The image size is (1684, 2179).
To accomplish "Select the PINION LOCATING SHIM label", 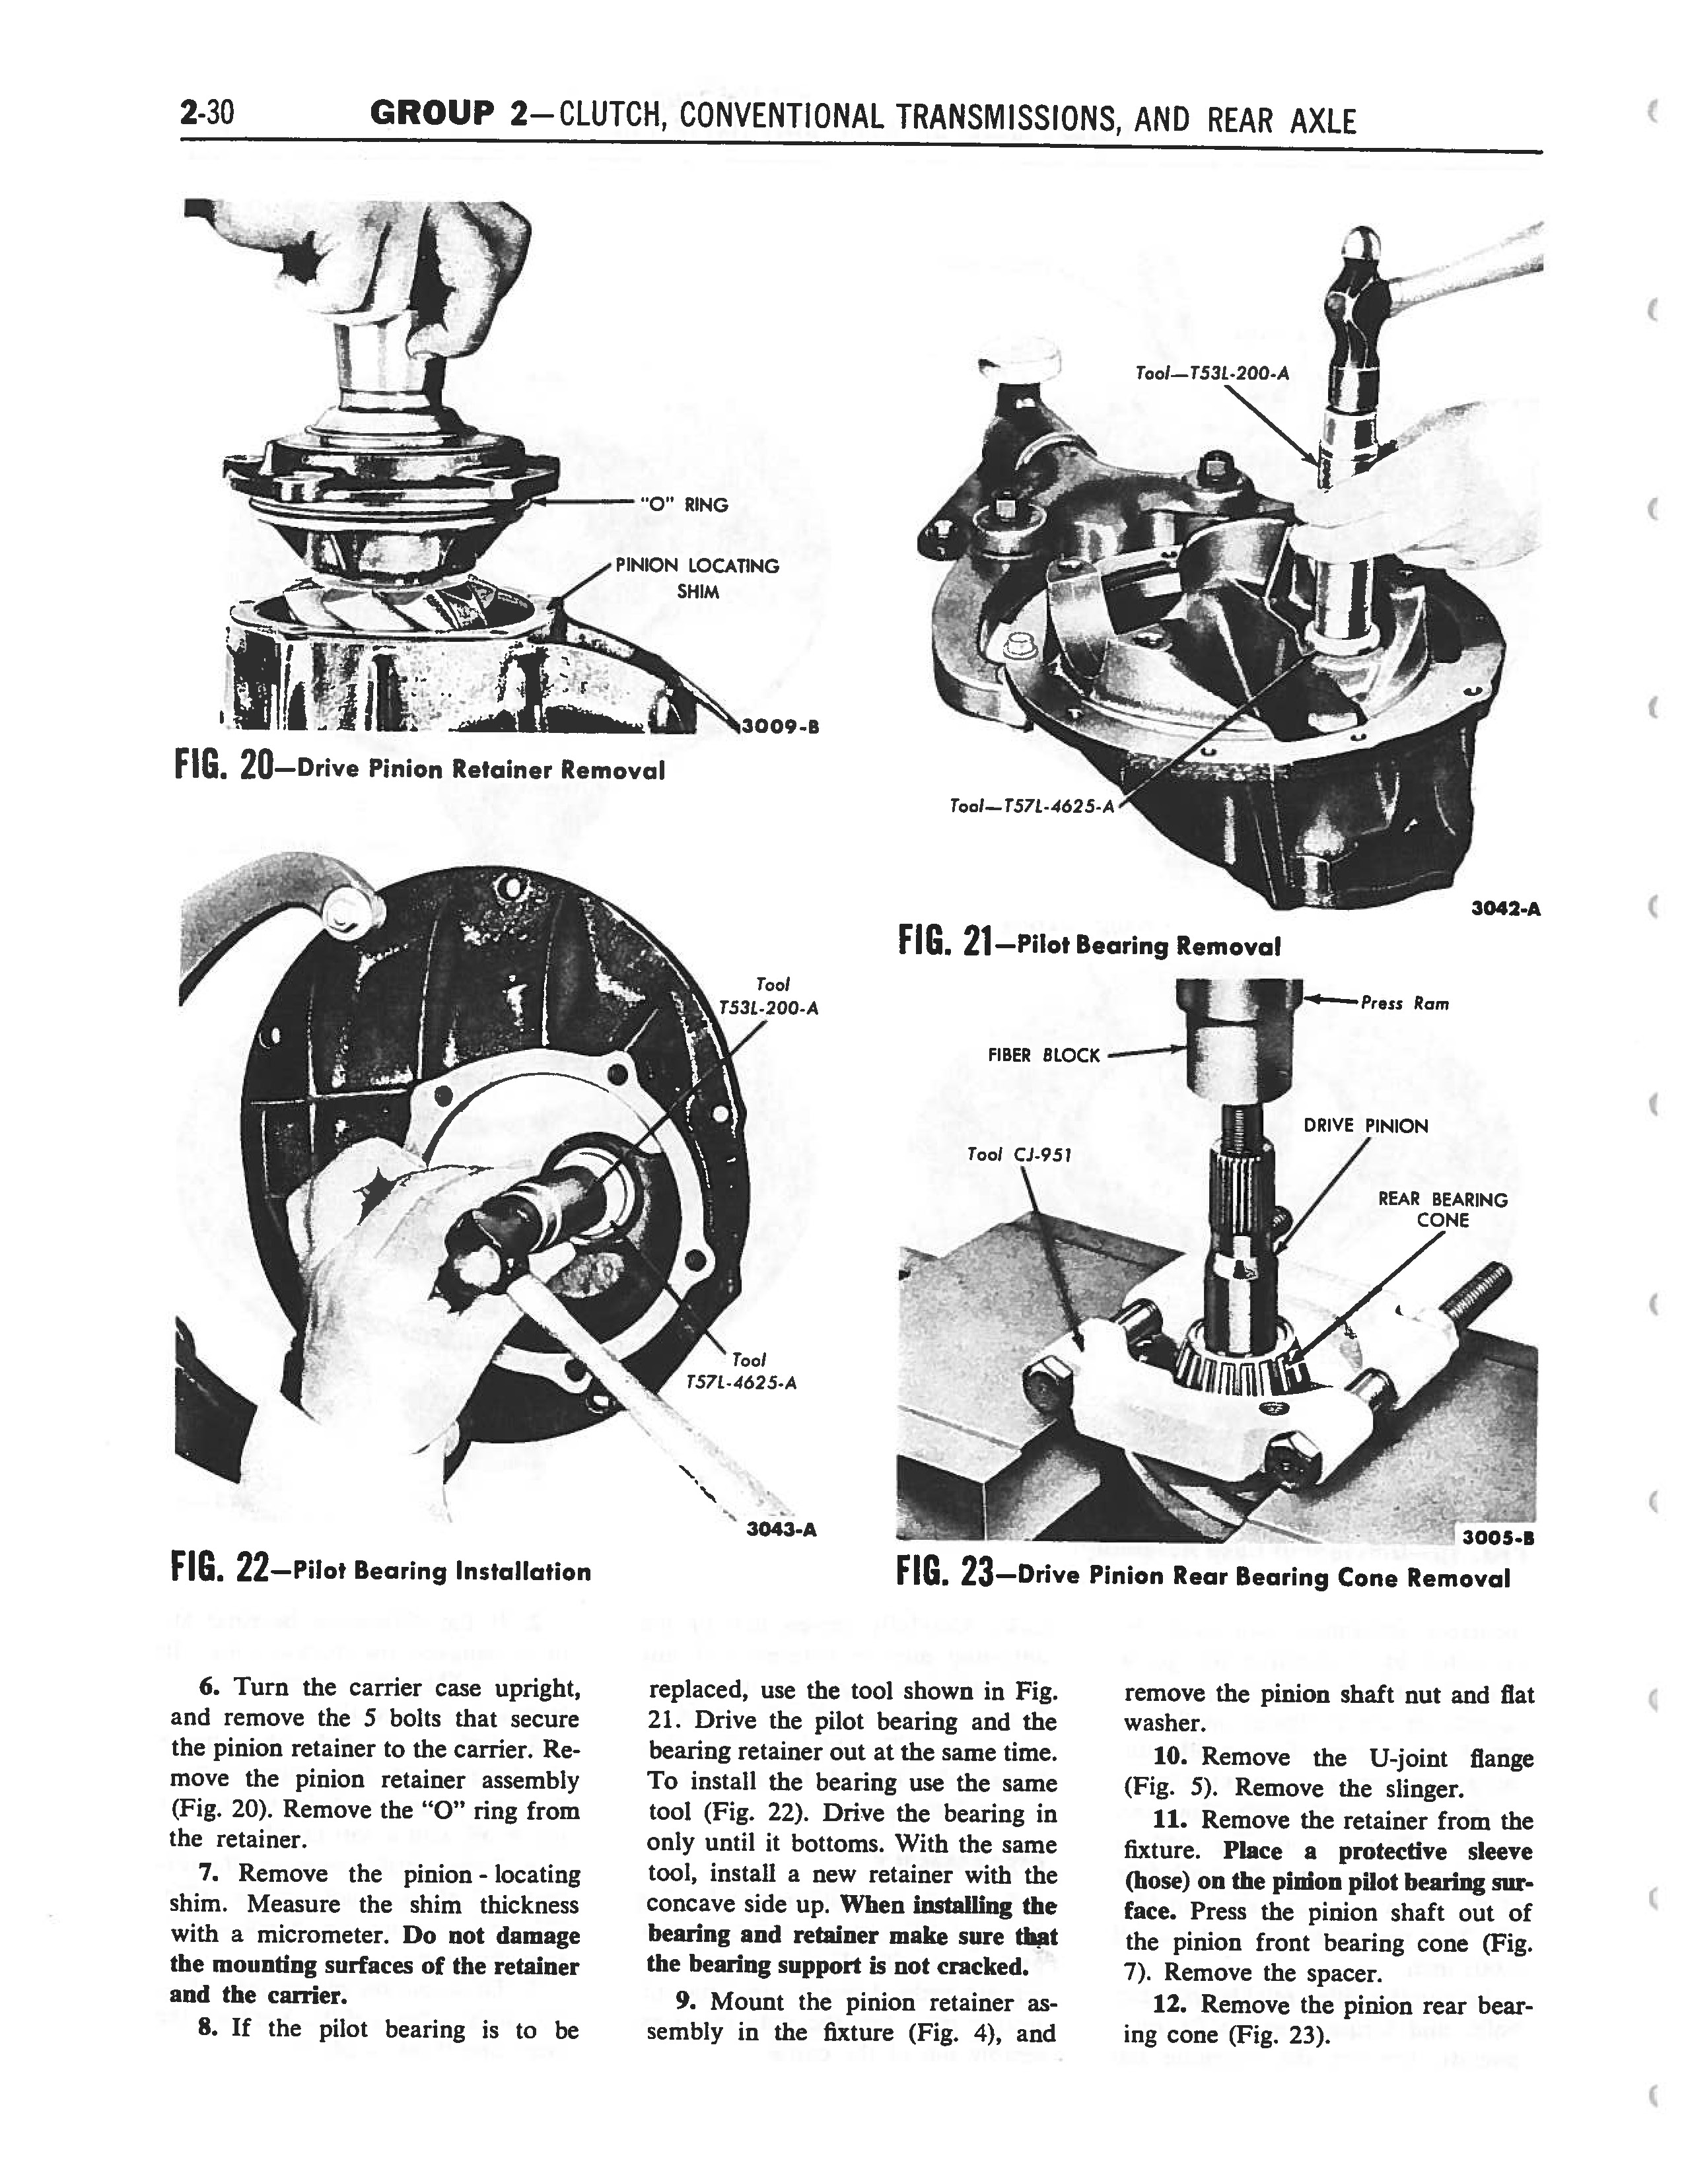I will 697,578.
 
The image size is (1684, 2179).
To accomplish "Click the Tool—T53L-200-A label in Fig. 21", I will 1211,374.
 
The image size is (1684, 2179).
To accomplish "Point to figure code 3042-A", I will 1506,909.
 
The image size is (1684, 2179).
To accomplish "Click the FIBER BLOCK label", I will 1043,1056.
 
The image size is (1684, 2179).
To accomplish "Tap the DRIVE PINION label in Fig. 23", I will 1366,1126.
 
